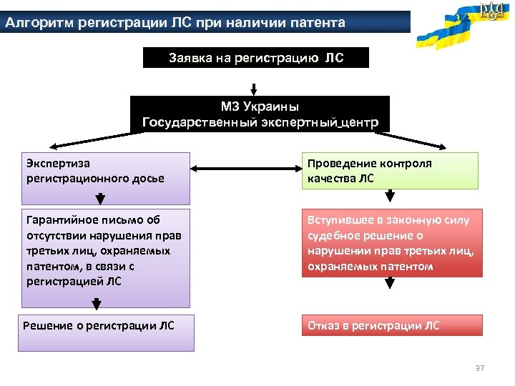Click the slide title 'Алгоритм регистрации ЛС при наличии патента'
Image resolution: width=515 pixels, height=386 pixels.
[175, 23]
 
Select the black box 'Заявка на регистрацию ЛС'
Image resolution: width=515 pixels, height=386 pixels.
[256, 57]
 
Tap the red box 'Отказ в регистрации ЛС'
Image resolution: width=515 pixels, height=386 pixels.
[392, 326]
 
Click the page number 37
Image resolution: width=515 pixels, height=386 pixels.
[480, 368]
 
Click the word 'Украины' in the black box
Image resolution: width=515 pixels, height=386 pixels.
[271, 107]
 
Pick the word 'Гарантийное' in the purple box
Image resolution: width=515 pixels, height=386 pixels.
[58, 220]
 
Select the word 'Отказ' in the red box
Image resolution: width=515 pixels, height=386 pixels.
[324, 326]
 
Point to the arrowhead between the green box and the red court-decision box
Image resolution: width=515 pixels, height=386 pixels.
[390, 195]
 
